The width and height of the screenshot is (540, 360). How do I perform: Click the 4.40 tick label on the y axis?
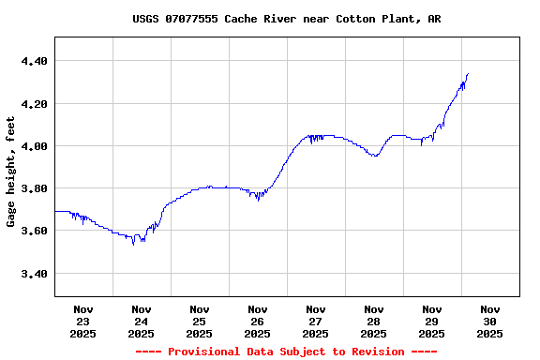33,61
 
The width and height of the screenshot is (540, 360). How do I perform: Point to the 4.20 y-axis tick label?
33,103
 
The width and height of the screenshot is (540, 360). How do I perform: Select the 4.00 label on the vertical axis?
33,146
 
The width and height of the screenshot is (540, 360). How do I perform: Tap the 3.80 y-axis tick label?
33,188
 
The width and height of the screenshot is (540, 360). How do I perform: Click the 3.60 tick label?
33,231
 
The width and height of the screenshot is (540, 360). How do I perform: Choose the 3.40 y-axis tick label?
33,274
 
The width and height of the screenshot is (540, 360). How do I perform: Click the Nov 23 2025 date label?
83,321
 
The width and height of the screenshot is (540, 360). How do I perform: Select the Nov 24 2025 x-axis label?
142,321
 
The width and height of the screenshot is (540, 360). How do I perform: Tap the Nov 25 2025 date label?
200,321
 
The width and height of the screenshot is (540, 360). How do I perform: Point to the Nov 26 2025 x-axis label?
258,321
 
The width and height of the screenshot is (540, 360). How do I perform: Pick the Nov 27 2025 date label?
316,321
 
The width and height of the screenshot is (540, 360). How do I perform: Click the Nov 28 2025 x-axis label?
374,321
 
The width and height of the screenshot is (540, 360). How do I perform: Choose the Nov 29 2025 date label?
432,321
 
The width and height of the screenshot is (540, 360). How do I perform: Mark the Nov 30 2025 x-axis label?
490,321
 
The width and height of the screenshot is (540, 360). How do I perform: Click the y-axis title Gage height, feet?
11,172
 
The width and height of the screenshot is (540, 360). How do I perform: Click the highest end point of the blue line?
467,74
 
